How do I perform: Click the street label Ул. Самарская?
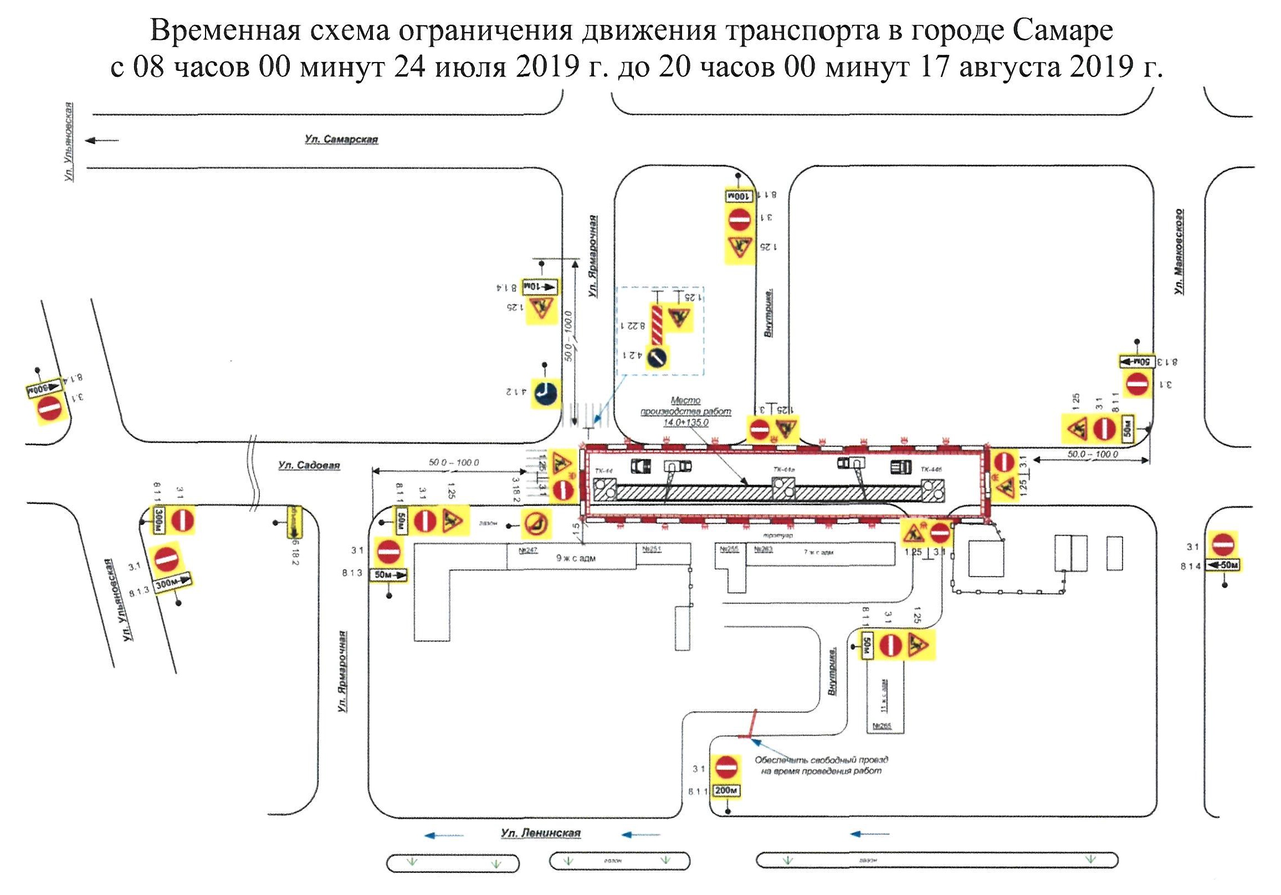341,140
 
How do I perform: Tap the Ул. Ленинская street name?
540,833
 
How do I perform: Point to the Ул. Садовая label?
309,465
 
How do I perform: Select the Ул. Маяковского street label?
1179,252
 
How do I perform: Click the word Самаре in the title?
1062,30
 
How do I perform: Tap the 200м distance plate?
726,791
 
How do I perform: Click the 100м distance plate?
739,196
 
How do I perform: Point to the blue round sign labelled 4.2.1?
657,357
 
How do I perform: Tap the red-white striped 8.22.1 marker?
657,324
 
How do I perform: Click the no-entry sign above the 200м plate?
726,767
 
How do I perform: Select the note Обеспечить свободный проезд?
821,765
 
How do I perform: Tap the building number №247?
527,551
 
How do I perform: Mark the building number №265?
882,726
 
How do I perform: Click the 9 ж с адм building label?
575,558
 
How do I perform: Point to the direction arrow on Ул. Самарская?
102,141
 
